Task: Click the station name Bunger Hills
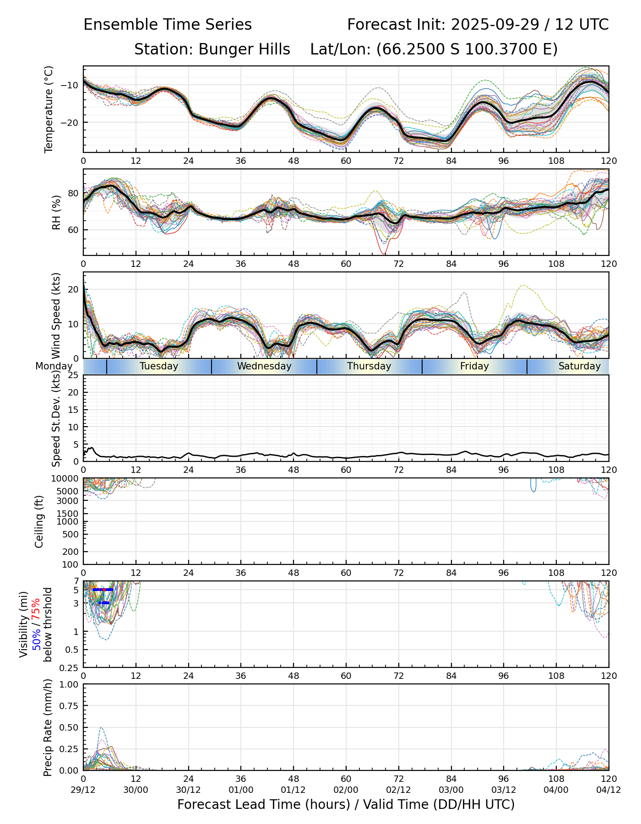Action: tap(244, 49)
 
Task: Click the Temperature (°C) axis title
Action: tap(49, 109)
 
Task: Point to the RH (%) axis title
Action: tap(56, 212)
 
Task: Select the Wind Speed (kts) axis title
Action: tap(56, 315)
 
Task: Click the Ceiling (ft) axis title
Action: tap(39, 521)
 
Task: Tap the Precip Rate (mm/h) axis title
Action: tap(48, 727)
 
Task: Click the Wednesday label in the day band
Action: tap(264, 366)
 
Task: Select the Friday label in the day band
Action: tap(474, 366)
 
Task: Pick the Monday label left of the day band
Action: tap(54, 366)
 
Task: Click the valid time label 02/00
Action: tap(346, 790)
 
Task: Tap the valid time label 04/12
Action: tap(608, 790)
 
